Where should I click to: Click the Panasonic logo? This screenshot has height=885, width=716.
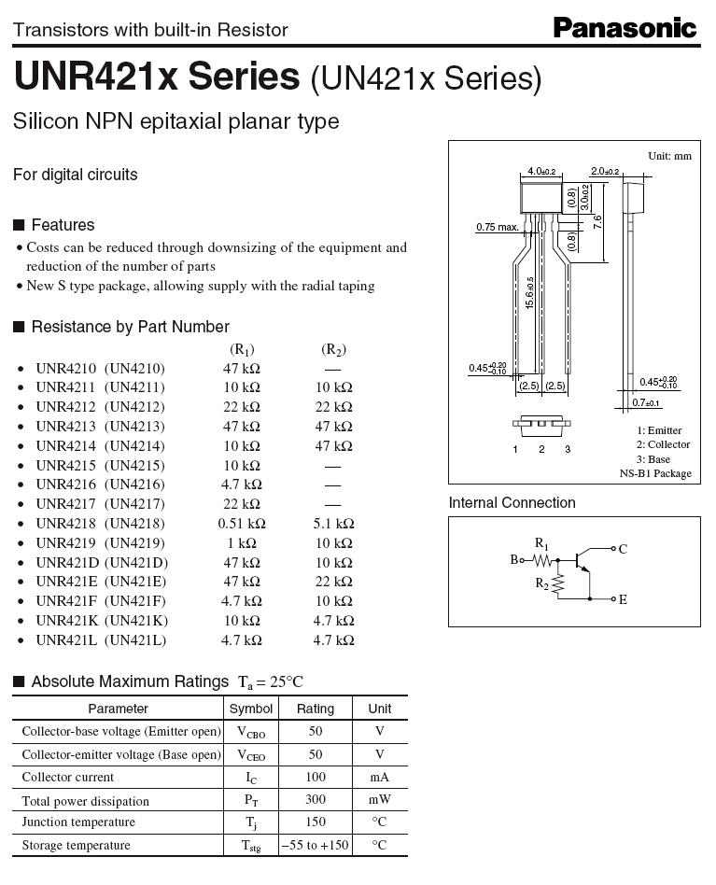coord(625,28)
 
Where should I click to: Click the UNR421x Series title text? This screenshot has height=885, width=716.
coord(157,77)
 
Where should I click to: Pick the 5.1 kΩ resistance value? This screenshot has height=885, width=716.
coord(333,524)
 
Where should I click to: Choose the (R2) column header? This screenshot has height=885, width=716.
coord(333,350)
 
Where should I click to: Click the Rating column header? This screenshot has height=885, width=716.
coord(316,709)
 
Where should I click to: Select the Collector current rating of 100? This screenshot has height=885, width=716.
coord(316,777)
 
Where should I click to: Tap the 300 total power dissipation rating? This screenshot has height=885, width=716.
coord(316,800)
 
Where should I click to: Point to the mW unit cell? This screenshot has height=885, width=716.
coord(380,800)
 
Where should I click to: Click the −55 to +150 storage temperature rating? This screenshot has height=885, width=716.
coord(316,845)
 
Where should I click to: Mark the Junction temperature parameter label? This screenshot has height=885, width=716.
coord(78,822)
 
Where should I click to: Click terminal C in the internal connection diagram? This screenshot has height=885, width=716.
coord(622,549)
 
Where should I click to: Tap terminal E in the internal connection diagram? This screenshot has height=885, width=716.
coord(622,599)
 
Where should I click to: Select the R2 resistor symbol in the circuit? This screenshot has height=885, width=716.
coord(557,585)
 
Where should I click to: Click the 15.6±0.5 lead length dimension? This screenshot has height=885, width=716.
coord(530,294)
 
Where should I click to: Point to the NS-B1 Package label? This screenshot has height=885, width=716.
coord(655,474)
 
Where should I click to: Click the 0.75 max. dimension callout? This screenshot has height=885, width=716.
coord(497,227)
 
